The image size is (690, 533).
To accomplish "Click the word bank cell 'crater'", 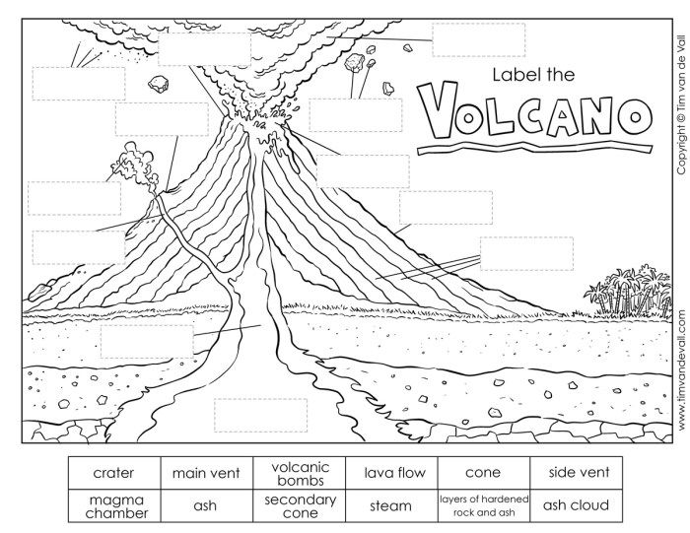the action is click(114, 473).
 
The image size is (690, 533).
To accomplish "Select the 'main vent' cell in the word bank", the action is click(207, 473).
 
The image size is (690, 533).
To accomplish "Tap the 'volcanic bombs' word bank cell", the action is click(300, 473).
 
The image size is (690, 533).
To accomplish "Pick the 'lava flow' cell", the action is click(391, 473).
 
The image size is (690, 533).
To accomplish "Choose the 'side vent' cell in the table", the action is click(576, 473).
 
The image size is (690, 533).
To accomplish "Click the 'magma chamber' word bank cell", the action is click(114, 505).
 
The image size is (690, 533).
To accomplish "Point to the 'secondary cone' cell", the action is click(300, 505).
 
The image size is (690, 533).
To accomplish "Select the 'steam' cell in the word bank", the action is click(391, 505).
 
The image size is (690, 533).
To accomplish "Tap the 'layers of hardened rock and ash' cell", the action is click(484, 505).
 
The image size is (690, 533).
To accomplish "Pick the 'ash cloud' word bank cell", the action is click(576, 505).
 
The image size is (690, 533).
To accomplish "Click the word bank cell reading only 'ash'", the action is click(207, 505).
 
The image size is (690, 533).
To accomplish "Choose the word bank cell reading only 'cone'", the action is click(484, 473).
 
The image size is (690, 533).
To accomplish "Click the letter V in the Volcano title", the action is click(437, 109).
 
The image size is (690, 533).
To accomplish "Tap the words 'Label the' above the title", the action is click(533, 75).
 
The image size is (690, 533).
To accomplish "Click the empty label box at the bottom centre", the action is click(261, 415).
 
